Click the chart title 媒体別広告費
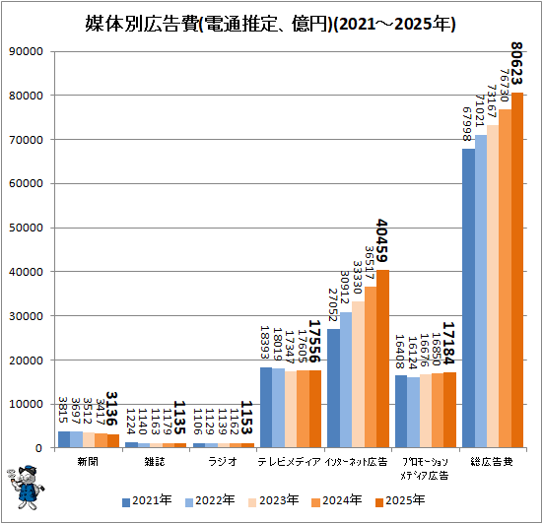[142, 25]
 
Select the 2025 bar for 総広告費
[517, 270]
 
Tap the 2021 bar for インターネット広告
[333, 388]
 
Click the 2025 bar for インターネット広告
[382, 359]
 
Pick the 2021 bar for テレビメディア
[266, 408]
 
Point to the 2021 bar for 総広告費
[468, 298]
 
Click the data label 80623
[516, 64]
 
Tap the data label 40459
[381, 241]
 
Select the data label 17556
[314, 341]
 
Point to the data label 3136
[111, 409]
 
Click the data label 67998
[467, 124]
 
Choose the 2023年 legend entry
[274, 500]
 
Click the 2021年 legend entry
[147, 500]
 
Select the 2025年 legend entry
[400, 500]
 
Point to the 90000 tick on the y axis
[26, 51]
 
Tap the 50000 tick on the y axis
[26, 228]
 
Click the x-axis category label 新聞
[88, 462]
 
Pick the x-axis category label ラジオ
[223, 462]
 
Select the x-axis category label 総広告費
[492, 462]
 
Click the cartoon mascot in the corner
[26, 488]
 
